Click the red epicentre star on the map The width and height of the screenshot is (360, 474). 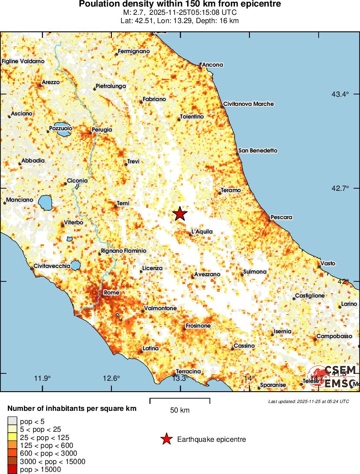tap(180, 213)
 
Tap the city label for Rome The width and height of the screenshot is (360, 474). tap(111, 293)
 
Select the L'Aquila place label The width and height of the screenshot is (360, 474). tap(202, 232)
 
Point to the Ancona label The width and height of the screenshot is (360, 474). tap(212, 65)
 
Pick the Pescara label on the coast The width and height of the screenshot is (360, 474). tap(281, 217)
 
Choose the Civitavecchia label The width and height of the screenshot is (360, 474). tap(52, 266)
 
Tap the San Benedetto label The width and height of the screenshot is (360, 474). tap(258, 151)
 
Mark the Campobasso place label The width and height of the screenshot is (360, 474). tap(334, 336)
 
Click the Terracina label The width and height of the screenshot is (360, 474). tap(188, 371)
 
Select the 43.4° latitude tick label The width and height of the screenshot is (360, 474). tap(340, 94)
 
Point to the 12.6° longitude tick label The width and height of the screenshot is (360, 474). tap(111, 378)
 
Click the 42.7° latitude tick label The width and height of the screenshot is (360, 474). tap(340, 188)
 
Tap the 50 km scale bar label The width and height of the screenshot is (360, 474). tap(179, 410)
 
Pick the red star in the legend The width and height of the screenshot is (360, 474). tap(166, 440)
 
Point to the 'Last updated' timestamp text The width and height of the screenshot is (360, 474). tap(308, 401)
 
